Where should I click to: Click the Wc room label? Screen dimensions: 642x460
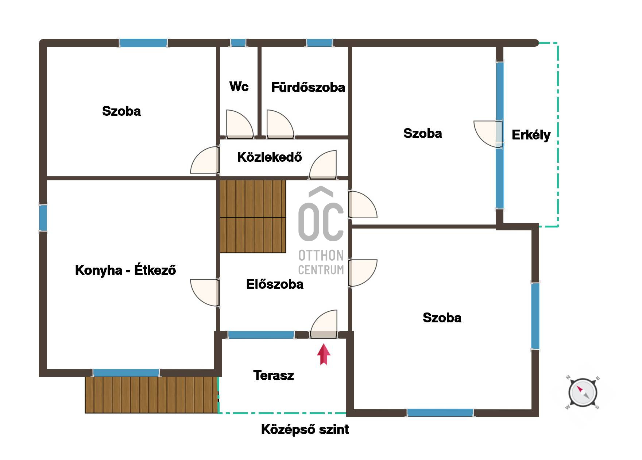point(239,87)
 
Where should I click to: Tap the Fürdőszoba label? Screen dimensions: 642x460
point(308,87)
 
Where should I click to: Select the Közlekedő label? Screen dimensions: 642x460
point(270,157)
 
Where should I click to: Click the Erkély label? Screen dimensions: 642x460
point(531,135)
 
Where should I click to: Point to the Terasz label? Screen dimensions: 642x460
point(274,375)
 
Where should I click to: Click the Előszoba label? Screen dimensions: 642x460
point(275,284)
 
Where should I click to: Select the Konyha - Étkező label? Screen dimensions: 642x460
point(125,270)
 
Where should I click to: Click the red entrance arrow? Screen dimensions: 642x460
point(324,354)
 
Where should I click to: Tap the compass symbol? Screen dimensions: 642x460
point(583,393)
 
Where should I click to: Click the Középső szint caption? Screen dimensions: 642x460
point(305,430)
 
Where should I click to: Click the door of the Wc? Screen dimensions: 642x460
point(240,124)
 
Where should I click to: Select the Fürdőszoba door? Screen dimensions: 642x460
point(280,124)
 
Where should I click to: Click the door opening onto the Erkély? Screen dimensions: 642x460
point(488,134)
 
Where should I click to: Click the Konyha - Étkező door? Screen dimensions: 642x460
point(205,292)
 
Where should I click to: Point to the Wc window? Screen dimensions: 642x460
point(238,43)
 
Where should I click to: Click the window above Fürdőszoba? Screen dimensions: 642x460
point(319,43)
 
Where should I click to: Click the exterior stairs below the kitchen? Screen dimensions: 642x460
point(151,395)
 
